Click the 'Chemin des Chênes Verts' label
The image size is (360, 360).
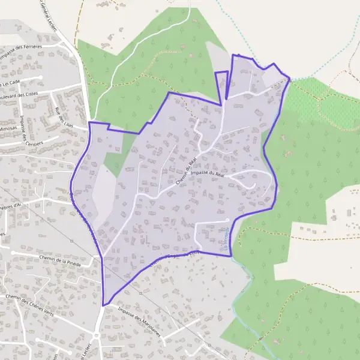click(x=28, y=307)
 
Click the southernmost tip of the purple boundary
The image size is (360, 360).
click(x=103, y=305)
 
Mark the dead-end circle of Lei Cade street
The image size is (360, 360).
click(x=40, y=77)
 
